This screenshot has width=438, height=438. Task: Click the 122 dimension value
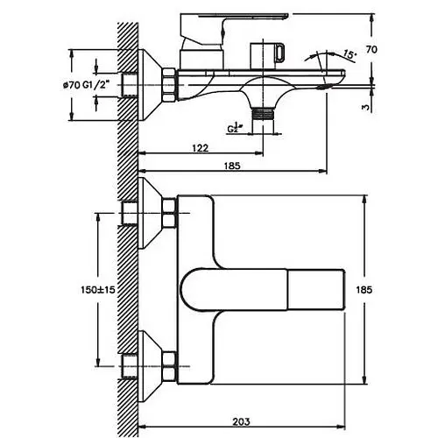[201, 148]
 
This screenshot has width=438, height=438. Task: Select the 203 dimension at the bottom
[241, 421]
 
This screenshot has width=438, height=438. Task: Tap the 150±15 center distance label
[98, 290]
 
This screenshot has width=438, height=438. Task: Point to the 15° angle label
[350, 55]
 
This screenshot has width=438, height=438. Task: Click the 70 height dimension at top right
[371, 50]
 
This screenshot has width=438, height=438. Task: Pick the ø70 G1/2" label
[87, 85]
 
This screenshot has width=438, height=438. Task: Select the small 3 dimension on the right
[365, 108]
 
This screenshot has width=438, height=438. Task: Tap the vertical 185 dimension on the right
[364, 290]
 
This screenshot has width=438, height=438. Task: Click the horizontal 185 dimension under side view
[232, 166]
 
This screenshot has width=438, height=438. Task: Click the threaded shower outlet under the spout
[263, 113]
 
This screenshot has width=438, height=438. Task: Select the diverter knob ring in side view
[279, 53]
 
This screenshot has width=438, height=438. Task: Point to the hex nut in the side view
[169, 85]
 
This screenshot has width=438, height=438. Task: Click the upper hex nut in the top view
[169, 213]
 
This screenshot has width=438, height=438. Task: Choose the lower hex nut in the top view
[169, 366]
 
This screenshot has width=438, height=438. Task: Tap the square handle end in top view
[316, 290]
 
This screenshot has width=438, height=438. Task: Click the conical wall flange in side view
[150, 85]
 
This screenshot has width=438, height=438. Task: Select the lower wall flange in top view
[150, 366]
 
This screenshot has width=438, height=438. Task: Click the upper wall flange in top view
[150, 213]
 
